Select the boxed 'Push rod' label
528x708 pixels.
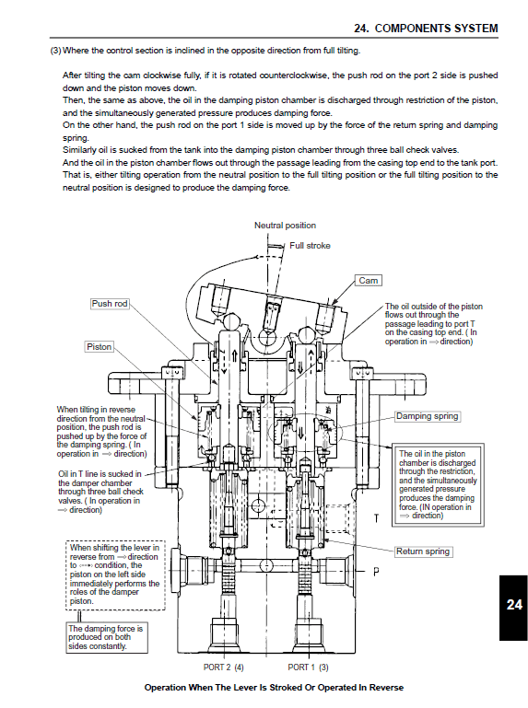tap(110, 303)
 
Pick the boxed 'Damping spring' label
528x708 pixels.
tap(427, 416)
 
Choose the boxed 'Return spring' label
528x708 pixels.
tap(423, 551)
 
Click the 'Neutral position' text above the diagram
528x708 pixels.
tap(285, 226)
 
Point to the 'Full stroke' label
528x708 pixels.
tap(310, 246)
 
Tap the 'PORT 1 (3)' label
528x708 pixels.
tap(308, 667)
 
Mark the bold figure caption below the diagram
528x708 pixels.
tap(274, 688)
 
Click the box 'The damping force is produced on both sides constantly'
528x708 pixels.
tap(106, 637)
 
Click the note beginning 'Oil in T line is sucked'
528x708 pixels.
tap(100, 492)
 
